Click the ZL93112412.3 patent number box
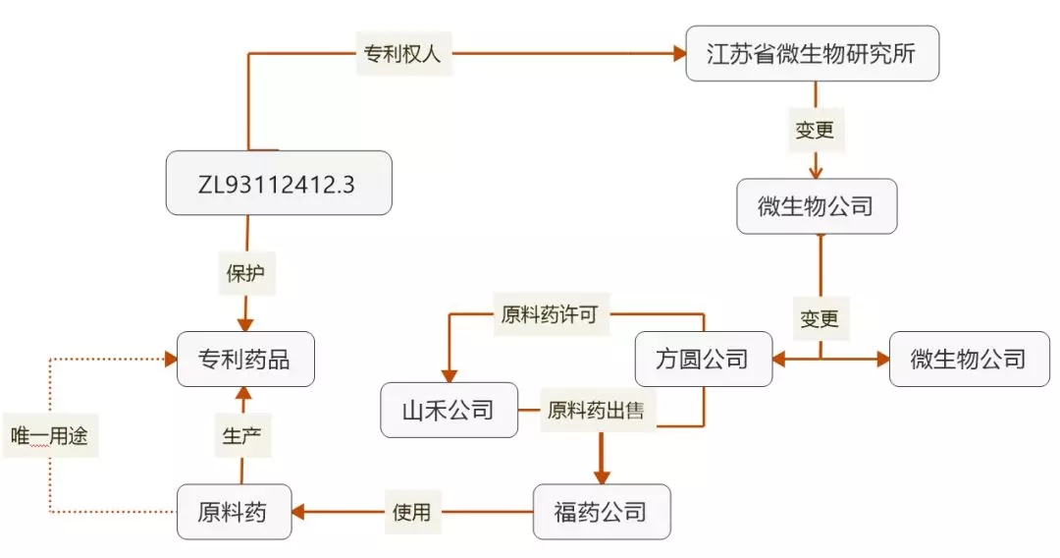click(x=279, y=183)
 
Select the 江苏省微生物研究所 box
click(x=811, y=53)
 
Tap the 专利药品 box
click(x=245, y=360)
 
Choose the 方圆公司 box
click(x=703, y=359)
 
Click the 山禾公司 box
click(x=449, y=410)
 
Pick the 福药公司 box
click(x=602, y=512)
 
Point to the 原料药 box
click(x=234, y=512)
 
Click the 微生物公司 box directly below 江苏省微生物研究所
click(x=817, y=206)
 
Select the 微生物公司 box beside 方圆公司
click(x=968, y=359)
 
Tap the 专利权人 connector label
click(x=403, y=54)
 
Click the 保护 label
click(x=245, y=274)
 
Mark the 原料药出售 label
click(x=596, y=410)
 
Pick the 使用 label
click(x=411, y=512)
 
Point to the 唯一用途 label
click(x=49, y=435)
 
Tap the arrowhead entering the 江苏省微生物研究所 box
click(x=679, y=54)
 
